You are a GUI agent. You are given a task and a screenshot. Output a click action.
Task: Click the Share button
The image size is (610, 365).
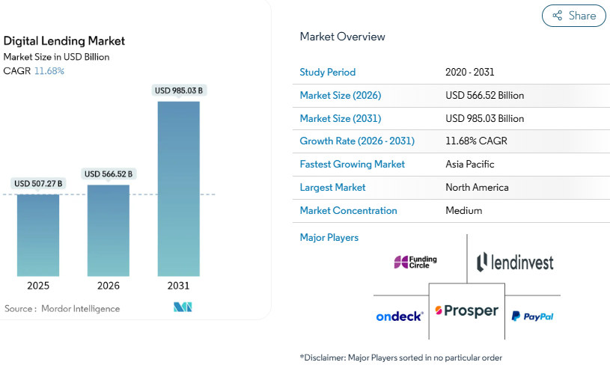[x=574, y=16]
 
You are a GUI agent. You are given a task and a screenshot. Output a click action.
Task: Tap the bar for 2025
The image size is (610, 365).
[x=38, y=235]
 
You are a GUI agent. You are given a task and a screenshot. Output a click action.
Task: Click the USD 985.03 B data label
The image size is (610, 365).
[x=178, y=91]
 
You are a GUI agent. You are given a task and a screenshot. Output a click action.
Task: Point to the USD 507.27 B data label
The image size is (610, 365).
[x=38, y=183]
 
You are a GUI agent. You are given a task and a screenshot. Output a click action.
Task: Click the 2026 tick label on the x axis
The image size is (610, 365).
[x=109, y=286]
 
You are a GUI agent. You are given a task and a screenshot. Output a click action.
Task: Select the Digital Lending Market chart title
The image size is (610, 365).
[x=64, y=41]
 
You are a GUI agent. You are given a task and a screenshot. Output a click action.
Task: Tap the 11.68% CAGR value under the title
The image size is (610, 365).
[x=49, y=71]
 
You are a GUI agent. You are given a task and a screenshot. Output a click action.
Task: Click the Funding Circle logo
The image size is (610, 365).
[x=415, y=262]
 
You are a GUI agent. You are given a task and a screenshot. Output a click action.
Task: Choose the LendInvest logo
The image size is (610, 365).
[x=515, y=262]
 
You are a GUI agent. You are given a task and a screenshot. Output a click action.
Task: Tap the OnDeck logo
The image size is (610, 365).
[x=400, y=316]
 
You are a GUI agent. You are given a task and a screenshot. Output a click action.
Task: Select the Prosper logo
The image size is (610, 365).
[x=466, y=310]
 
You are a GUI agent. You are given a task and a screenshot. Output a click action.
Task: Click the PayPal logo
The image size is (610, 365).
[x=532, y=316]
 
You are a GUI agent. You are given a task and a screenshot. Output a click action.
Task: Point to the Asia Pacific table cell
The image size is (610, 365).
[x=469, y=164]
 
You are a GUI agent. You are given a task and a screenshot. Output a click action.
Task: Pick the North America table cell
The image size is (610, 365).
[x=477, y=187]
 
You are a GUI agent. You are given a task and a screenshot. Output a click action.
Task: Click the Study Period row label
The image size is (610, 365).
[x=327, y=73]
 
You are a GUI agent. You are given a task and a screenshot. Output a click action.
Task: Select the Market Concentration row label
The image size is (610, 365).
[x=348, y=210]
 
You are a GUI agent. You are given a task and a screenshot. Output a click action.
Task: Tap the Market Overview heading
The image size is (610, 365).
[x=342, y=37]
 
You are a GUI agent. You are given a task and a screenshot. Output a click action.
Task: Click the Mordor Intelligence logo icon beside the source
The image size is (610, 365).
[x=183, y=307]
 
